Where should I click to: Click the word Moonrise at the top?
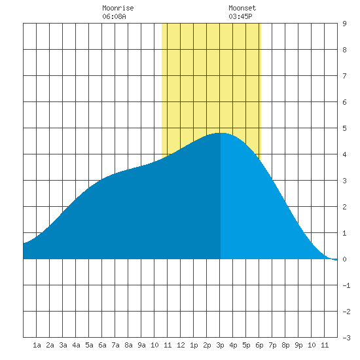pos(118,8)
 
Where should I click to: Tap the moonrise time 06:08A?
pos(114,16)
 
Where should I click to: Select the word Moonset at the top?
pos(242,8)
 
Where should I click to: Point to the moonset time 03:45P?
pos(240,16)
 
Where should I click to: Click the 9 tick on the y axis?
pos(344,24)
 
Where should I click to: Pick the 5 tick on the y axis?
pos(344,128)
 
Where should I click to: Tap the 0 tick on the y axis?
pos(344,259)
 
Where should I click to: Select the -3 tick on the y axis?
pos(346,338)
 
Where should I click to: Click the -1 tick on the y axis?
pos(346,285)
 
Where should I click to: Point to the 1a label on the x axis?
pos(37,345)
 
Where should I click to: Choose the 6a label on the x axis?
pos(102,345)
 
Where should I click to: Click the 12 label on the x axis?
pos(181,345)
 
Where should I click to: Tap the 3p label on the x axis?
pos(220,345)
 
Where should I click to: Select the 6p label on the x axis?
pos(259,345)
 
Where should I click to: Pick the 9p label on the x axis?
pos(298,345)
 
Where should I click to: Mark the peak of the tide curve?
pos(220,133)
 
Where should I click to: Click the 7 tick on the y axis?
pos(344,76)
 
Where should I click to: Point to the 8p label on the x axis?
pos(285,345)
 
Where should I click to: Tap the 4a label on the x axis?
pos(76,345)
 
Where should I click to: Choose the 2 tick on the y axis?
pos(344,207)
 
